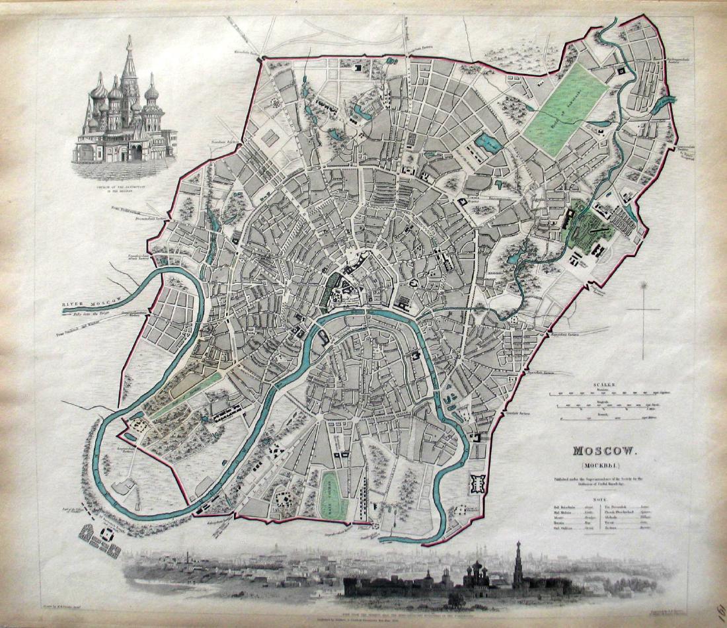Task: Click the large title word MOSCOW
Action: tap(605, 452)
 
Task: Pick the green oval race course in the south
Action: tap(334, 496)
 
